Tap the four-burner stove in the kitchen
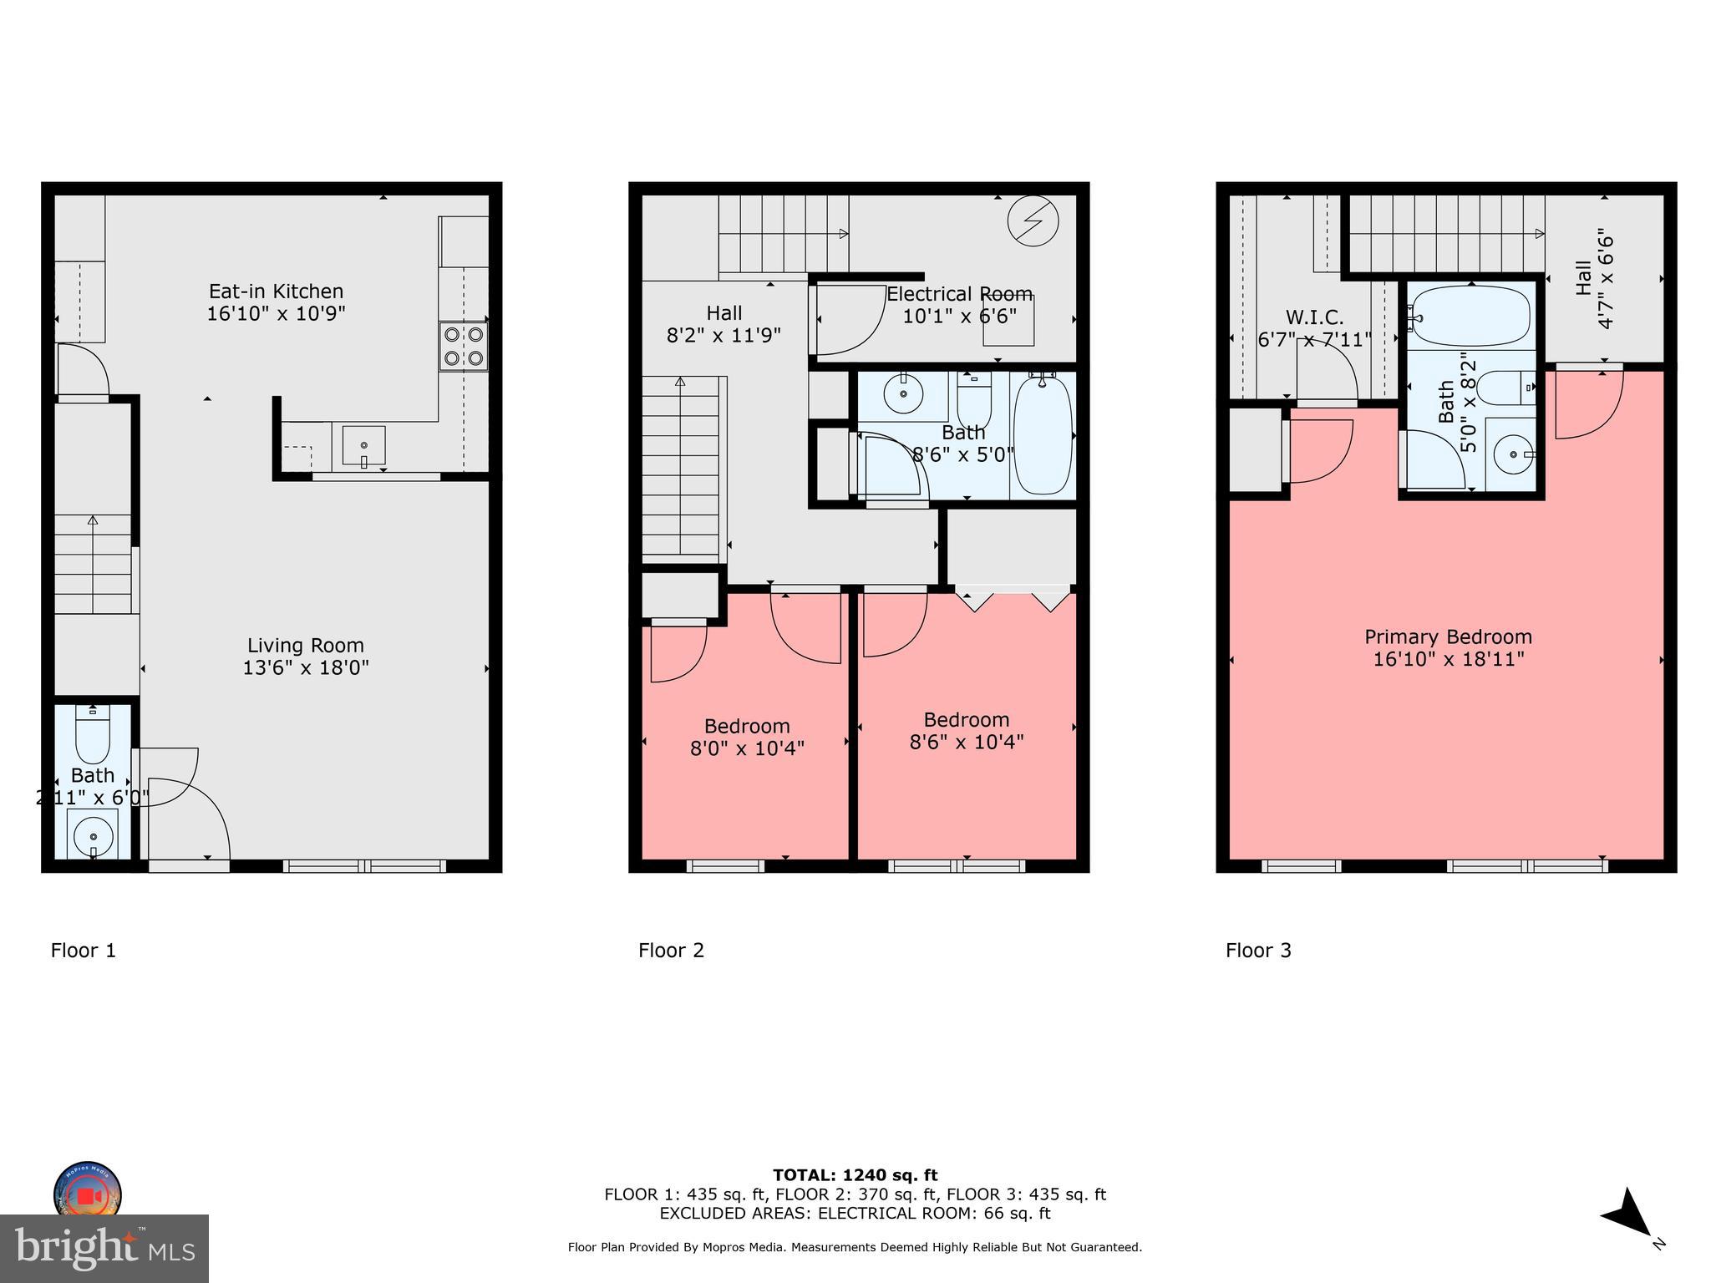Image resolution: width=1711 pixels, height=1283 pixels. pyautogui.click(x=464, y=347)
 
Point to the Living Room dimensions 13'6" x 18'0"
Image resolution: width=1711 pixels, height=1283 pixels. pyautogui.click(x=306, y=667)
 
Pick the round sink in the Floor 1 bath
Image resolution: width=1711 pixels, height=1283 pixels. pyautogui.click(x=93, y=834)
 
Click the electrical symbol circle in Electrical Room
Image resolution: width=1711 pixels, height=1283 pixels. pyautogui.click(x=1033, y=221)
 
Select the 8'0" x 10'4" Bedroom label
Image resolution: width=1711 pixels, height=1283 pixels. pyautogui.click(x=747, y=737)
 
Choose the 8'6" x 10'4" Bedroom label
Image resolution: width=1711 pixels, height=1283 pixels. pyautogui.click(x=967, y=731)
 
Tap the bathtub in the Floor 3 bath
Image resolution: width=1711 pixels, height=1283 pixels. pyautogui.click(x=1471, y=316)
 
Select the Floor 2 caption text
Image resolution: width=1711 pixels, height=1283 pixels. pyautogui.click(x=671, y=951)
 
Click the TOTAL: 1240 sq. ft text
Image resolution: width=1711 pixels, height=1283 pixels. pyautogui.click(x=855, y=1175)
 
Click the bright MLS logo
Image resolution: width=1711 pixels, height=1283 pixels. pyautogui.click(x=104, y=1248)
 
